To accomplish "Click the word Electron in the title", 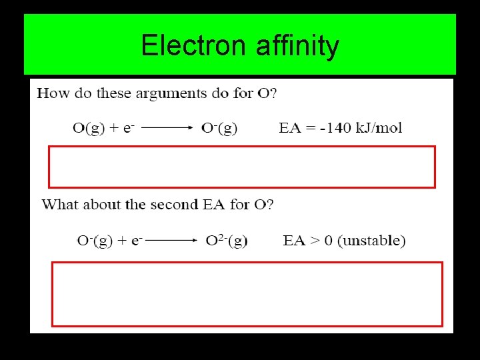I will pyautogui.click(x=193, y=46).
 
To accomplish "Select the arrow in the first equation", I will pyautogui.click(x=167, y=128).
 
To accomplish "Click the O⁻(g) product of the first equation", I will pyautogui.click(x=219, y=127).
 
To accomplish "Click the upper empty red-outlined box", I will pyautogui.click(x=241, y=167).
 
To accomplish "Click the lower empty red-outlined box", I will pyautogui.click(x=247, y=294).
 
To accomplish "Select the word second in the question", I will pyautogui.click(x=171, y=205).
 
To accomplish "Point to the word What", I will pyautogui.click(x=59, y=205).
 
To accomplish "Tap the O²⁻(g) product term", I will pyautogui.click(x=227, y=240).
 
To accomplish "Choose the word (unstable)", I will pyautogui.click(x=371, y=241).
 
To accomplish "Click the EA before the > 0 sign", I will pyautogui.click(x=294, y=241).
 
